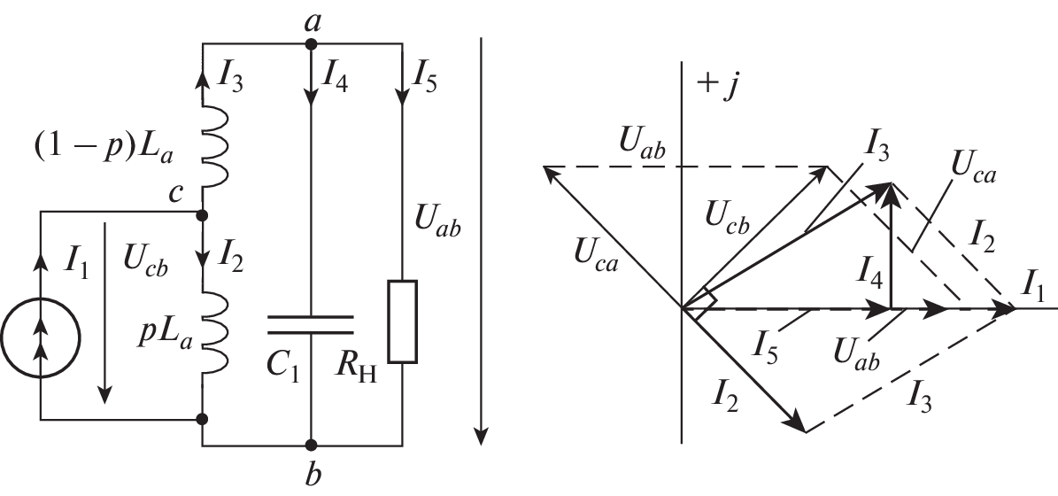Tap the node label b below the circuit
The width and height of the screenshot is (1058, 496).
[311, 475]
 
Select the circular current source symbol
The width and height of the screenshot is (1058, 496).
[41, 338]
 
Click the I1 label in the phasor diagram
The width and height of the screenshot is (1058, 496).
[1035, 287]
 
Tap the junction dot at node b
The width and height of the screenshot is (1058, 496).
[311, 444]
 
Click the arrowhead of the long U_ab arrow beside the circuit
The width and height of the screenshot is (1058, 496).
[480, 434]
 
